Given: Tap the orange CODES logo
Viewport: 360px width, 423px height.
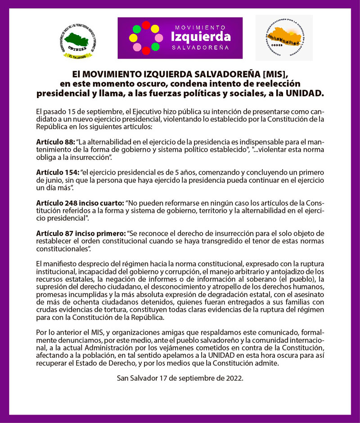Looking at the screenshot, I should [x=284, y=38].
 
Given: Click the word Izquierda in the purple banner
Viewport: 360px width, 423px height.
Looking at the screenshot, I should [x=201, y=36].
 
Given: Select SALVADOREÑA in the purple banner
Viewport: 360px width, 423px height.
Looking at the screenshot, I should [x=201, y=47].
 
